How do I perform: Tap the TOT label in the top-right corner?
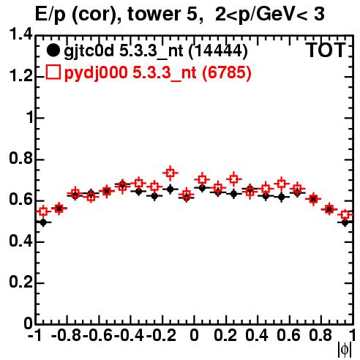326,50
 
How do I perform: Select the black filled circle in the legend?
53,50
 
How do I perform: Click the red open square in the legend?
53,72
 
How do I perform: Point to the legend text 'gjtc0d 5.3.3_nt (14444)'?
156,50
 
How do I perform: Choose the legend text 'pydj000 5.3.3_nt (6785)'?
158,72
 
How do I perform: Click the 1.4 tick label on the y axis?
20,34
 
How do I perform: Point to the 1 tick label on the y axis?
30,118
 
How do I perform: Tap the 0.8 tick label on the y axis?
20,159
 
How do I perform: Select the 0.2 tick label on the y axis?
20,282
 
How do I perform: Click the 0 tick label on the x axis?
194,335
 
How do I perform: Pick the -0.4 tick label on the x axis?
129,335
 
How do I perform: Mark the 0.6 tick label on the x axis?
288,335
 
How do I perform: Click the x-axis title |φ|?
345,350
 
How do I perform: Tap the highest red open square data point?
170,173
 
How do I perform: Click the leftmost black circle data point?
43,222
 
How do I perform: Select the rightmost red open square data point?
345,215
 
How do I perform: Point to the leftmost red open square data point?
43,211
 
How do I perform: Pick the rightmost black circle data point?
345,222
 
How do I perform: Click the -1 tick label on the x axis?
35,335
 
